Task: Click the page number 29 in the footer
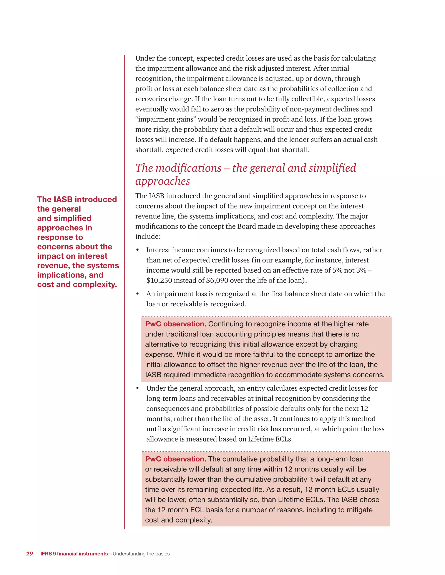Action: (x=30, y=554)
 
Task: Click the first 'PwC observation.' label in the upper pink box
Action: (x=175, y=324)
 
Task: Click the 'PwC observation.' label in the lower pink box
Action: (x=175, y=459)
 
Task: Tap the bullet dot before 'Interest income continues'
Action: (x=137, y=250)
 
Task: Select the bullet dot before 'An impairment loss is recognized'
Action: (x=137, y=294)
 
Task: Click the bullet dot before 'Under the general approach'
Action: (x=137, y=388)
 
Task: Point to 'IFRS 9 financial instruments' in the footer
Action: (x=74, y=554)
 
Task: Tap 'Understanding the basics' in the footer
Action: (x=141, y=554)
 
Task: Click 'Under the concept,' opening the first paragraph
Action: (x=165, y=58)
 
